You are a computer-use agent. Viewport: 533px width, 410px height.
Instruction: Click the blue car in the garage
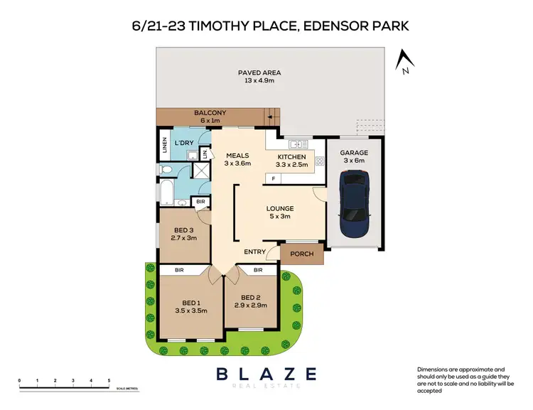tap(353, 207)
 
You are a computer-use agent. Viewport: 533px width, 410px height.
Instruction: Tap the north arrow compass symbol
tap(404, 62)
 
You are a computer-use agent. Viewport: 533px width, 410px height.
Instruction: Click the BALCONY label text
tap(210, 113)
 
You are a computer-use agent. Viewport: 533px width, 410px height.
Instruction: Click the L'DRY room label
tap(184, 144)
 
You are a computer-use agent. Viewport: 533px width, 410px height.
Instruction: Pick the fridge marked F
tap(274, 178)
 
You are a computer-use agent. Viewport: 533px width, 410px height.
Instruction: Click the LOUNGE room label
tap(280, 208)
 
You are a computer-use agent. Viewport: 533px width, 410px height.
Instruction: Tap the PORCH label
tap(302, 254)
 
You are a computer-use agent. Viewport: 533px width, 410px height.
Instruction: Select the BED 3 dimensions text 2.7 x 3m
tap(184, 239)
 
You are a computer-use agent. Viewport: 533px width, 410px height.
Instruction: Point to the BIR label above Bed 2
tap(257, 271)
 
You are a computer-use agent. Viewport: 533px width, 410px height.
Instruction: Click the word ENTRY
tap(255, 252)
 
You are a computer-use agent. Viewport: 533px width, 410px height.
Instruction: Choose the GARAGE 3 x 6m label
tap(352, 156)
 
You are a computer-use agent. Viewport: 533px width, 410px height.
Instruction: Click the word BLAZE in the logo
tap(266, 373)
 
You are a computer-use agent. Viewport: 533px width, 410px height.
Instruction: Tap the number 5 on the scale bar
tap(109, 382)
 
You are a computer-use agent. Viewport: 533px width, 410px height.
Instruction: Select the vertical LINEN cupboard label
tap(164, 144)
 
